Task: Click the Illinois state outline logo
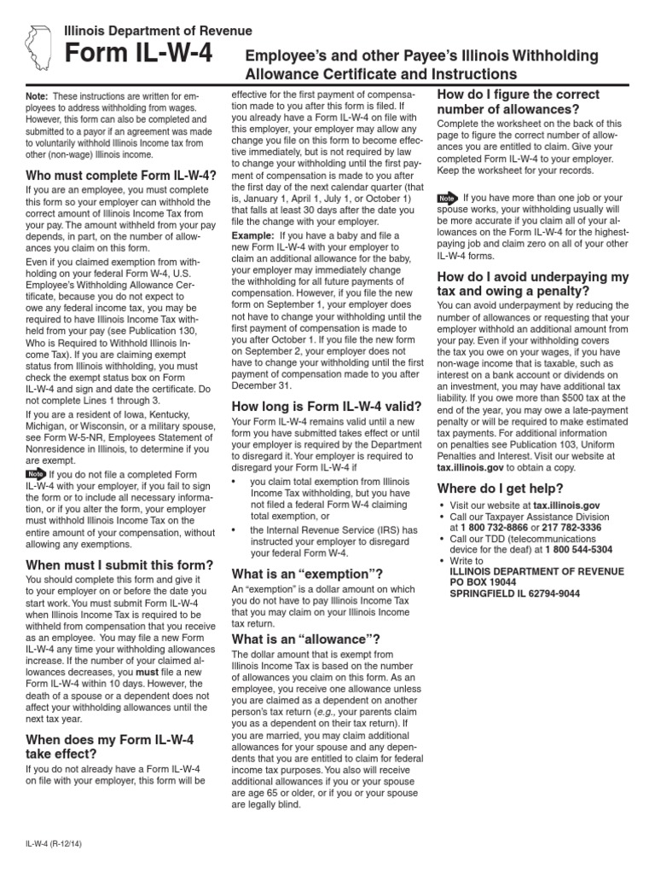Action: tap(40, 47)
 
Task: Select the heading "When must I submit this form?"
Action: tap(119, 564)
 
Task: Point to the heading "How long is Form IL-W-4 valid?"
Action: tap(322, 407)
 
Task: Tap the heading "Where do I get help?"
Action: tap(500, 488)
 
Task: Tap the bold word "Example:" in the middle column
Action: tap(252, 234)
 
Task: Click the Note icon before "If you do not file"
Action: tap(36, 473)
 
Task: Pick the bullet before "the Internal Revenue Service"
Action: tap(234, 530)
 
